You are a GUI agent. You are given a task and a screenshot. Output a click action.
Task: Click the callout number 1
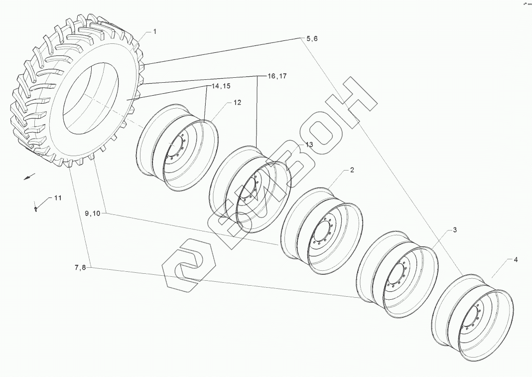coord(154,32)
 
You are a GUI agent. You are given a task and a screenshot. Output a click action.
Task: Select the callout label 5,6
coord(312,39)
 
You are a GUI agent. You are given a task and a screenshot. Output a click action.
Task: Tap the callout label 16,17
coord(277,76)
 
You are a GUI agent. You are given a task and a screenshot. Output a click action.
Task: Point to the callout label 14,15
coord(221,86)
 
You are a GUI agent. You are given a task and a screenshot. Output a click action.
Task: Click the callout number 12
coord(237,103)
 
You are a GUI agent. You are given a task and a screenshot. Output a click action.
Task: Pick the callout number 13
coord(309,145)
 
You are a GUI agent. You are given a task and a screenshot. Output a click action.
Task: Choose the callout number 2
coord(352,170)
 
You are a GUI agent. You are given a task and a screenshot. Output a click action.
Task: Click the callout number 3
coord(454,230)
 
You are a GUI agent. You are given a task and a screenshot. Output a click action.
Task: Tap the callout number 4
coord(516,260)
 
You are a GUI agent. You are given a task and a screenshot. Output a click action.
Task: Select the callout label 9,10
coord(92,213)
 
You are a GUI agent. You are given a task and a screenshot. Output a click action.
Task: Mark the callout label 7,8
coord(80,268)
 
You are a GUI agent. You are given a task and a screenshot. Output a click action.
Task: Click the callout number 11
coord(58,198)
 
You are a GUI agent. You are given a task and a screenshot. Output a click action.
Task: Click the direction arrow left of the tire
coord(29,177)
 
